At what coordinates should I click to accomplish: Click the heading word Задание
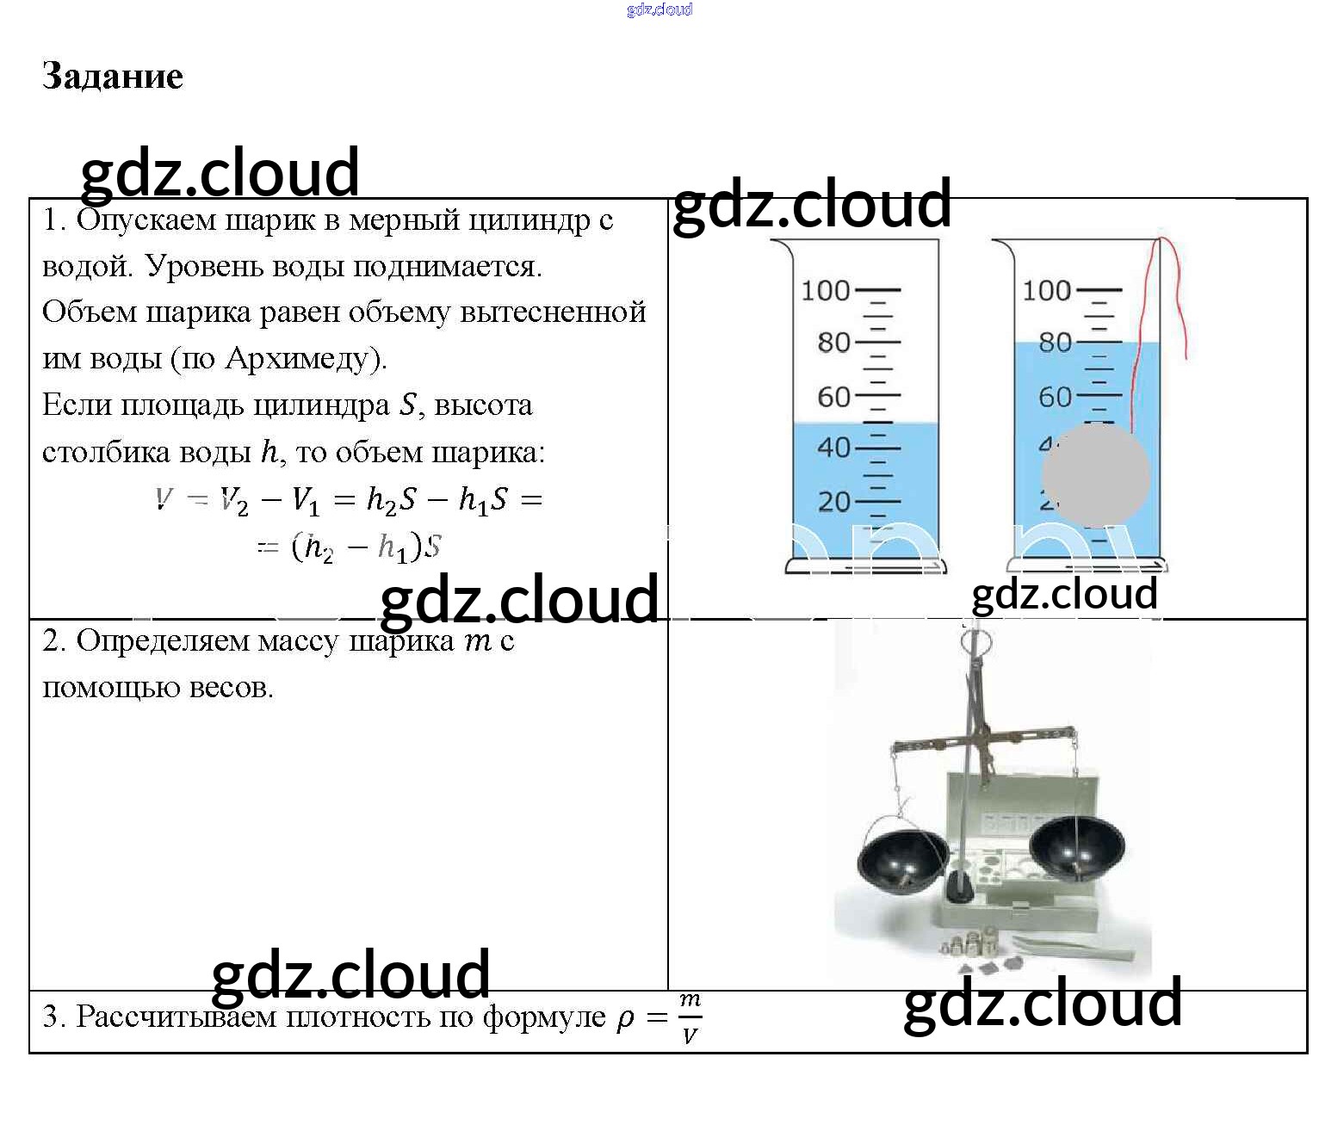click(112, 77)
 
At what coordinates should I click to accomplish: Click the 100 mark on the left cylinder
click(826, 290)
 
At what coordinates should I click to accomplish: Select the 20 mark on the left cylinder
click(833, 501)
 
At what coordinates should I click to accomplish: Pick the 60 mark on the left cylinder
click(833, 397)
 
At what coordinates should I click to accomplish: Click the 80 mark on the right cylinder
click(1055, 343)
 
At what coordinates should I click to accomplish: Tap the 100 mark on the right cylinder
click(1047, 290)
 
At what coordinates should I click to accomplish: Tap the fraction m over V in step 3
click(690, 1017)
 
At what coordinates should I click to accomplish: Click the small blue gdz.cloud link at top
click(659, 9)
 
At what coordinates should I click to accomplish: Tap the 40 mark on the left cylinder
click(833, 448)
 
